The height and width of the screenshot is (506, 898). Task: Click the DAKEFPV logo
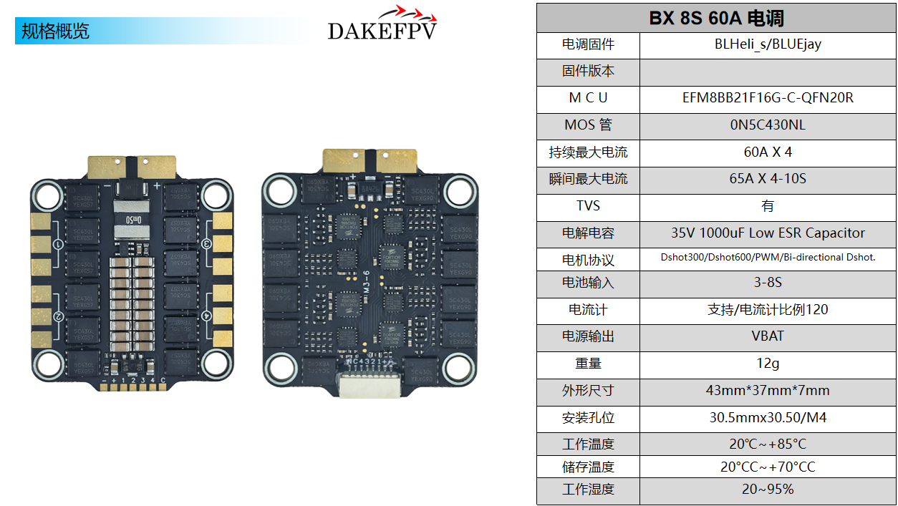point(382,25)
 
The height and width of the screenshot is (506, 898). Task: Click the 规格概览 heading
point(55,31)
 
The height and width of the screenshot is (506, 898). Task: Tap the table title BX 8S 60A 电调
point(717,18)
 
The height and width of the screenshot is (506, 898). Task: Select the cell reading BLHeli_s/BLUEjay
point(768,44)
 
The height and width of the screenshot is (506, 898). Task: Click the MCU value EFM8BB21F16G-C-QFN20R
point(768,98)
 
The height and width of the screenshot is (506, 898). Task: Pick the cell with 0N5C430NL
point(768,125)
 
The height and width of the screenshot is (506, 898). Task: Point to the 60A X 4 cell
point(768,152)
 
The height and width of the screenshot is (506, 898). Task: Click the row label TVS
point(588,206)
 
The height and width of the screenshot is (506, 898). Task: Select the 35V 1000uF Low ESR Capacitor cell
point(768,233)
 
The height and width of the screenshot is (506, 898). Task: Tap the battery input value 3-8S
point(768,283)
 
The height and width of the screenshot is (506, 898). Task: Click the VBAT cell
point(768,336)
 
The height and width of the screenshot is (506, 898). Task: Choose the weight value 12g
point(768,364)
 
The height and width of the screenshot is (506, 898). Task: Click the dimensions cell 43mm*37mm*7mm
point(768,391)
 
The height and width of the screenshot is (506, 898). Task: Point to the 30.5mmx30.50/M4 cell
point(768,418)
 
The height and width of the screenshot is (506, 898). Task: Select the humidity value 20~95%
point(768,490)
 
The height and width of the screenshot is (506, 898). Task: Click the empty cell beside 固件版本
point(768,72)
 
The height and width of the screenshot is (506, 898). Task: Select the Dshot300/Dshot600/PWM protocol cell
point(768,258)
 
